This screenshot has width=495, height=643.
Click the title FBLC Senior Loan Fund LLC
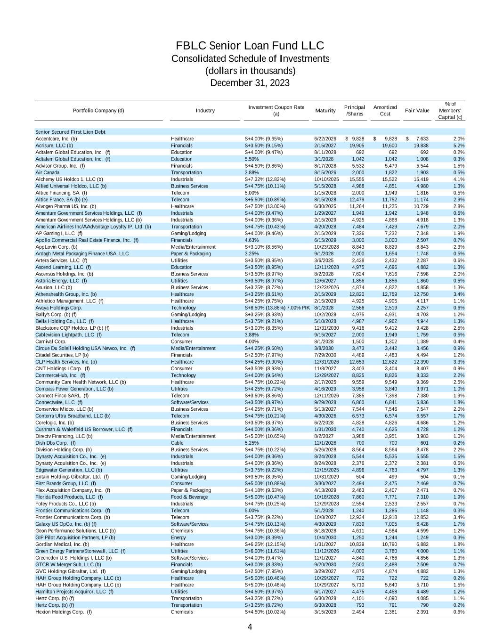250,46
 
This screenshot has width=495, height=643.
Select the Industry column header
205,111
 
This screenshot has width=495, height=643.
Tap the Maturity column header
325,111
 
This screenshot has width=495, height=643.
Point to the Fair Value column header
417,111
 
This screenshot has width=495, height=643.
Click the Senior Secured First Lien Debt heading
70,132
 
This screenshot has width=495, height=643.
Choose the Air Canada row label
48,172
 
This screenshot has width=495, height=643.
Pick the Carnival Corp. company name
51,342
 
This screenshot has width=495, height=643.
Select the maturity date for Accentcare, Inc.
325,139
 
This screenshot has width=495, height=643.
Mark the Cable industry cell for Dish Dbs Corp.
177,443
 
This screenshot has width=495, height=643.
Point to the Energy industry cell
178,537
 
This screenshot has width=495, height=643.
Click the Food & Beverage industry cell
189,497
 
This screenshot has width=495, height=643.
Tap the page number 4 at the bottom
250,627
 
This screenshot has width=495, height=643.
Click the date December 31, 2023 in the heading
250,83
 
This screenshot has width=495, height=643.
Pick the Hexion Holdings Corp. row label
64,612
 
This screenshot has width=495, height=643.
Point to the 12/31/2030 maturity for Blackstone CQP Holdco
326,328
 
